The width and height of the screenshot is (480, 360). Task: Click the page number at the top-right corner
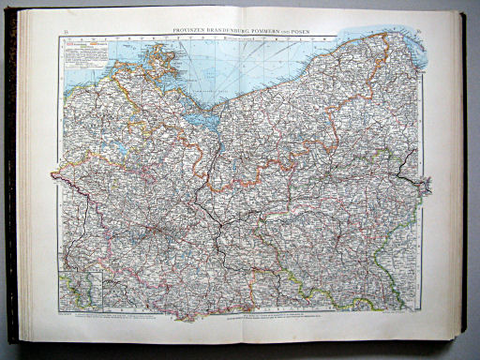(415, 32)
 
